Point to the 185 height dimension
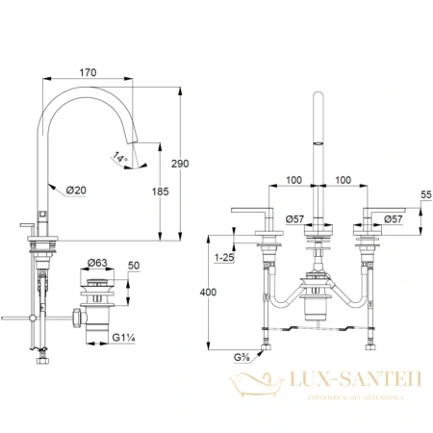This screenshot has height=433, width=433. coord(161,191)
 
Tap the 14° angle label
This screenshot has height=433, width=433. coord(118,157)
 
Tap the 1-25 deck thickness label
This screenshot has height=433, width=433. coord(225,258)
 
